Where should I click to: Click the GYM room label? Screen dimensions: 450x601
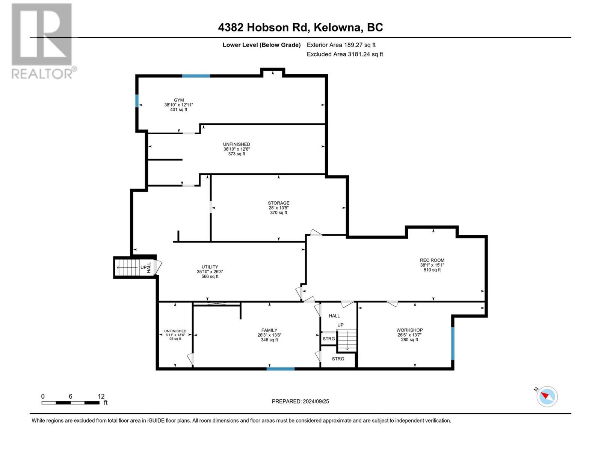179,100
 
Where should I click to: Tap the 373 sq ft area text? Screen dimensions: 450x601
237,154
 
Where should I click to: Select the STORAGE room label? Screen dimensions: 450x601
278,203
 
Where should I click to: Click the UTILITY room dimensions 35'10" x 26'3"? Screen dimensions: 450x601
210,272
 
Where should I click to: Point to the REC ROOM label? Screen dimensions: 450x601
432,260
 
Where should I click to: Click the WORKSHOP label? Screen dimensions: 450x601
409,330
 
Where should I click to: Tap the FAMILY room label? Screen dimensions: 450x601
269,330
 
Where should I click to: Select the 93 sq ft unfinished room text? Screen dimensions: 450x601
175,339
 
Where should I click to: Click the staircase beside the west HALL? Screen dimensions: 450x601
128,267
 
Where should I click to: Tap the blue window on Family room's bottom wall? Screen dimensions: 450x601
281,369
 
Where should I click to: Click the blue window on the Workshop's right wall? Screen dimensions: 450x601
453,343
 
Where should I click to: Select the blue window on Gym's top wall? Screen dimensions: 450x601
196,76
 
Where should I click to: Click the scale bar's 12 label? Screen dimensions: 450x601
101,396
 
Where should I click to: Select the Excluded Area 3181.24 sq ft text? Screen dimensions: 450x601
345,54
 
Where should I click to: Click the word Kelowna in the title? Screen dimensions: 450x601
338,27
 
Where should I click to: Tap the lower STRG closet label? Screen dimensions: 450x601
338,359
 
